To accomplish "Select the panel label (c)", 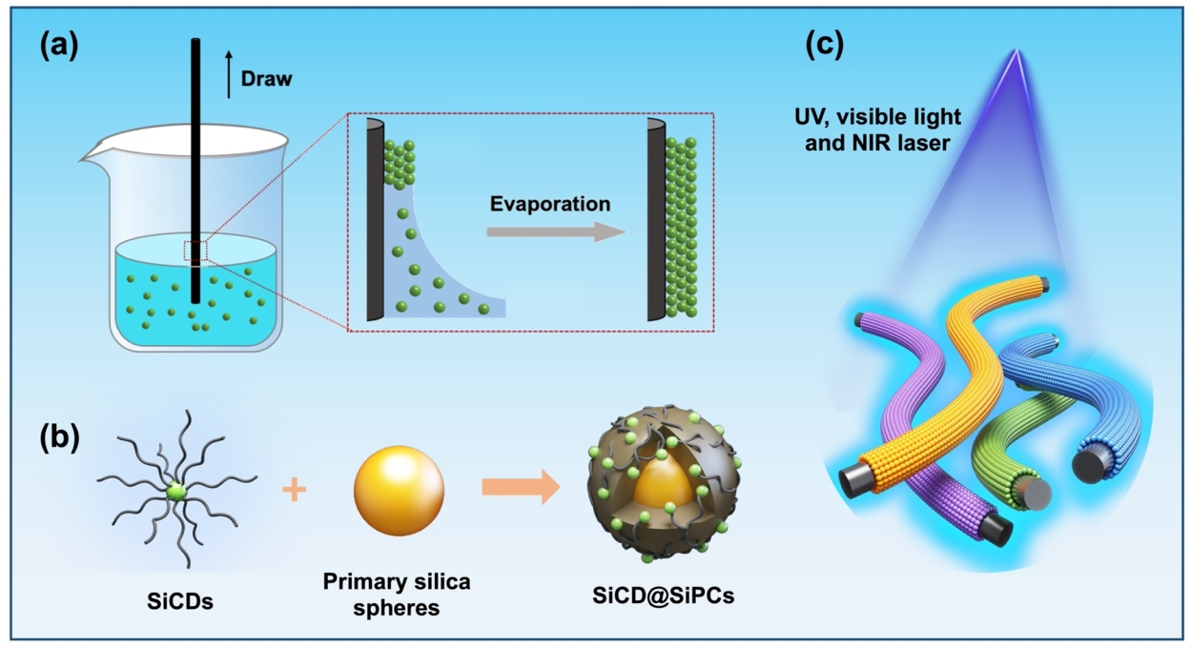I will click(x=825, y=45).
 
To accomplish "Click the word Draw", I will click(x=266, y=79).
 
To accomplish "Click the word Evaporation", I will click(x=549, y=204).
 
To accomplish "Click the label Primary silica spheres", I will click(x=397, y=593).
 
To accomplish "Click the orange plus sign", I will click(x=296, y=491).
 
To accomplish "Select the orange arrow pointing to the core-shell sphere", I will click(x=521, y=488).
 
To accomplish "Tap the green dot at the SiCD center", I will click(x=175, y=492).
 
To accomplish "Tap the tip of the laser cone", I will click(x=1016, y=51).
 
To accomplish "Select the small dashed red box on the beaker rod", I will click(x=196, y=252).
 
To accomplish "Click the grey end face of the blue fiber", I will click(x=1090, y=466).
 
